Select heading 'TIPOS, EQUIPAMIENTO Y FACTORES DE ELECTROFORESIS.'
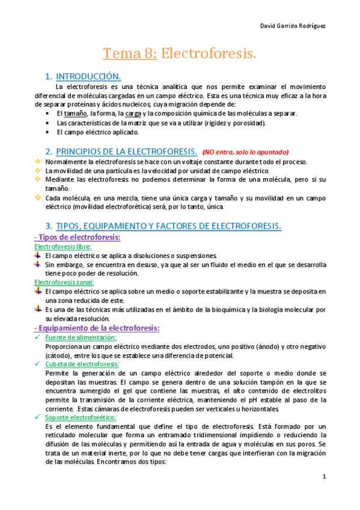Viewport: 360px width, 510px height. pyautogui.click(x=168, y=226)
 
